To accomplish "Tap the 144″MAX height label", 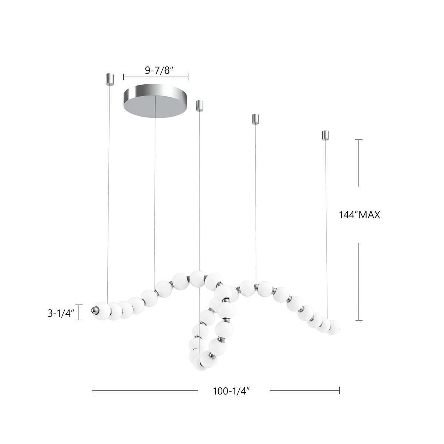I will tap(359, 215).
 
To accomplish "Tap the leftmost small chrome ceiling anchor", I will tap(110, 78).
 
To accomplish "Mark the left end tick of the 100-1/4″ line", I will tap(92, 390).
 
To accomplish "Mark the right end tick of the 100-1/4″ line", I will tap(339, 390).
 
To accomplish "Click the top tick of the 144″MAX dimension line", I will tap(359, 140).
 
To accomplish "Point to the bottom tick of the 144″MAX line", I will tap(359, 320).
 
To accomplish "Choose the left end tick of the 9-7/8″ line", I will tap(124, 77).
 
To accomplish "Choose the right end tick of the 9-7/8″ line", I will tap(188, 77).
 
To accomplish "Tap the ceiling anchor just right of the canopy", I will tap(200, 105).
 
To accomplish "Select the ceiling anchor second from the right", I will tap(255, 119).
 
